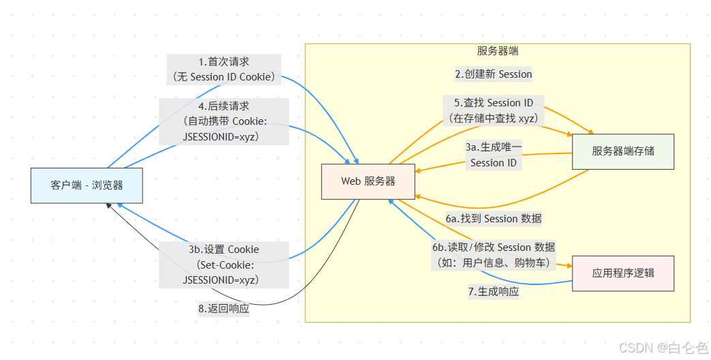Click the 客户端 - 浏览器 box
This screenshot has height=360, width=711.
pos(87,185)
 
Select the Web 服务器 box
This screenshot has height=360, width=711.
pos(368,181)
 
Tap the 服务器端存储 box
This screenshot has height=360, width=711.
pos(623,151)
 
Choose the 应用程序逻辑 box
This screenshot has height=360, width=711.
pos(623,273)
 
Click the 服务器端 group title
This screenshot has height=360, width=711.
pos(498,51)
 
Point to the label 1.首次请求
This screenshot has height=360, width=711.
pos(224,62)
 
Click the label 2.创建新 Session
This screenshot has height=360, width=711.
pos(494,74)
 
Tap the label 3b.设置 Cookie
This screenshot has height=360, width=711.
pos(224,250)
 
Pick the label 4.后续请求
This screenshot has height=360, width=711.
pos(224,106)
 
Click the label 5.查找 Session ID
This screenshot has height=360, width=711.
pos(494,103)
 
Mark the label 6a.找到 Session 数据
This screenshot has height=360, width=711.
pos(494,219)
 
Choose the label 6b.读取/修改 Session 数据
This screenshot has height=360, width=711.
pos(494,247)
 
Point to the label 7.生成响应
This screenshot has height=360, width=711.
pos(494,291)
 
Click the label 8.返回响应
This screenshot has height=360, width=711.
pos(224,308)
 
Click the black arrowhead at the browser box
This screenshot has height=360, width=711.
pos(108,205)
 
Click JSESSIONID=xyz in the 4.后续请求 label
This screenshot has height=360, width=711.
pos(224,136)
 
